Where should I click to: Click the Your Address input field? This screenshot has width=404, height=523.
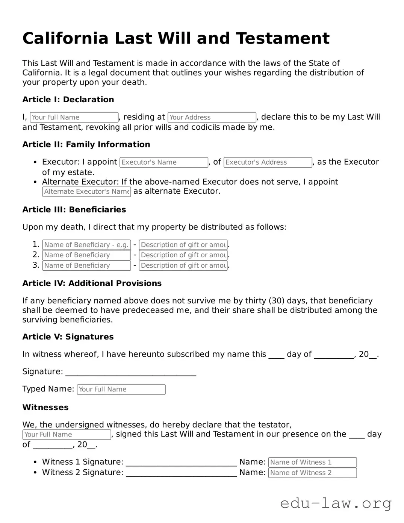212,117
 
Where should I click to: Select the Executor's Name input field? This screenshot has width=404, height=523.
163,162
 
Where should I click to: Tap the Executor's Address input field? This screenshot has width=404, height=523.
268,162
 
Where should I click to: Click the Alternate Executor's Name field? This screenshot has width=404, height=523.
86,192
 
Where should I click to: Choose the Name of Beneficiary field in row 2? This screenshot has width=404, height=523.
86,255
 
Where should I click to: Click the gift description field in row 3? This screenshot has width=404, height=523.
183,265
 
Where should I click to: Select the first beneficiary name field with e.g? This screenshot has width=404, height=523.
86,245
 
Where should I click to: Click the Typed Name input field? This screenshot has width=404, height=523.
121,390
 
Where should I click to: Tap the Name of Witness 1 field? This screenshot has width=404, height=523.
312,462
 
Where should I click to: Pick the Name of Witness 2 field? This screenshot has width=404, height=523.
312,473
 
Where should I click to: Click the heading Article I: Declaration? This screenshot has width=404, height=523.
68,100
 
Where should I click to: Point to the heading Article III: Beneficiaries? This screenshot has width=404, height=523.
74,210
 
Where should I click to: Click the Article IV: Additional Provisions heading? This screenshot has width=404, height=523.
92,283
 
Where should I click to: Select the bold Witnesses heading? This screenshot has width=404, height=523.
45,408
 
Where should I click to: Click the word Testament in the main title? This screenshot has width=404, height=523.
283,38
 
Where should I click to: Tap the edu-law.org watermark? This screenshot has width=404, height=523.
336,503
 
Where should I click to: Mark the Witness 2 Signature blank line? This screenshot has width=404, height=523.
181,474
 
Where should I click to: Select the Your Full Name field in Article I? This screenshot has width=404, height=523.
74,117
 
